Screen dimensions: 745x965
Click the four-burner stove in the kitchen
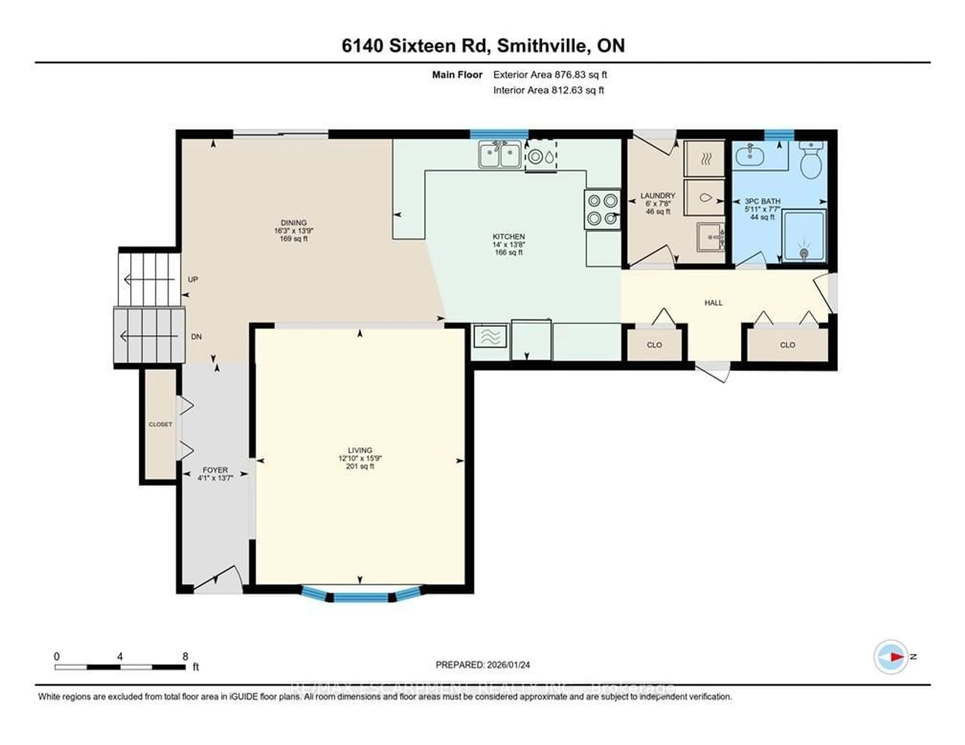(602, 209)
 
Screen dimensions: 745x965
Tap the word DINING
(294, 223)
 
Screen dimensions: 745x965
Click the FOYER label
(215, 470)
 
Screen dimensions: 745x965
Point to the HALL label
(713, 303)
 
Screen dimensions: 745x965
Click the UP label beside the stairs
(193, 279)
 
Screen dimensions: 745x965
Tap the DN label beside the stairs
(196, 337)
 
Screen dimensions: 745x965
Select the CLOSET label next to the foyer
(160, 424)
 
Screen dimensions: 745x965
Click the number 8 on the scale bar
(185, 656)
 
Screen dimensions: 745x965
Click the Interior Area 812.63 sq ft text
(548, 90)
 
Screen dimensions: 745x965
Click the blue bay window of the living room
(361, 597)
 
